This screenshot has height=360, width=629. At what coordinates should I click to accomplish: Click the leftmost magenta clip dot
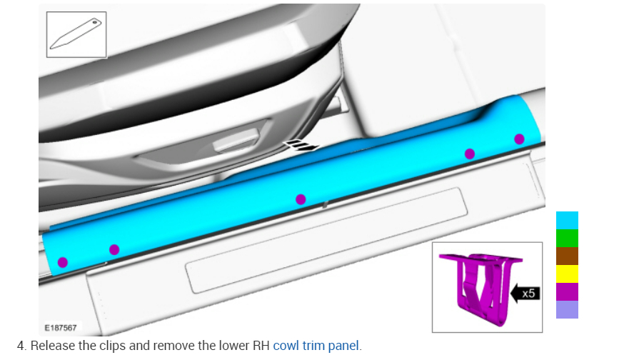63,262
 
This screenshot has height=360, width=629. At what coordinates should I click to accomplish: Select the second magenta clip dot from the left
114,249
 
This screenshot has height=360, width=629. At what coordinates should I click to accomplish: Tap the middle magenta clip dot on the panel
301,199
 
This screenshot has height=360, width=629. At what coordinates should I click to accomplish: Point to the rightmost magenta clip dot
519,139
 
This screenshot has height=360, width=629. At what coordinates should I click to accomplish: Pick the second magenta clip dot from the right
470,154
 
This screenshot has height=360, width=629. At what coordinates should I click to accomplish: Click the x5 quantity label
528,294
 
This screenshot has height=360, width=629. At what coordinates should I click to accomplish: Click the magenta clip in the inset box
480,287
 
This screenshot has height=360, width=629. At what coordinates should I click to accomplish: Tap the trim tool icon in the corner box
76,34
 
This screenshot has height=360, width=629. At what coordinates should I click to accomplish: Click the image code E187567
61,328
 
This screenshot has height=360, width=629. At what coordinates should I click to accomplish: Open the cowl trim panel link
316,346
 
